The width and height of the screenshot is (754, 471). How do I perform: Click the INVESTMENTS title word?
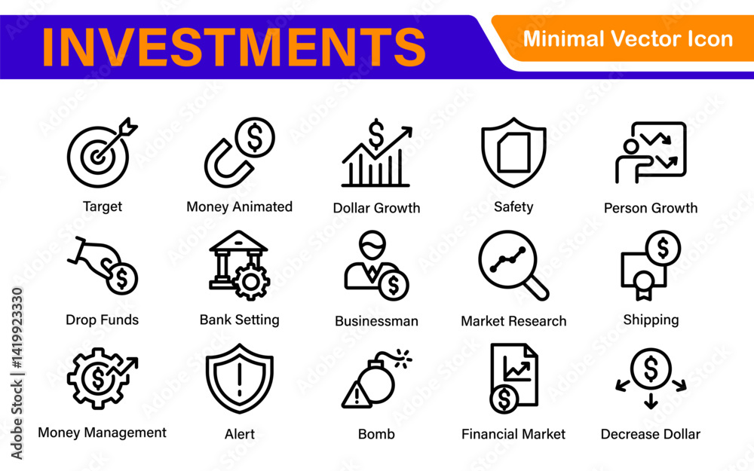[234, 47]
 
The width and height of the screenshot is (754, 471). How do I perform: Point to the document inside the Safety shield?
[513, 152]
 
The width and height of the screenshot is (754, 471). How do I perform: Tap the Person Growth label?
[651, 208]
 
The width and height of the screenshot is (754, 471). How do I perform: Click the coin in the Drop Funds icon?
[122, 278]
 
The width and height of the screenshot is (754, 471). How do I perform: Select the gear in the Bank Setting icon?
[250, 282]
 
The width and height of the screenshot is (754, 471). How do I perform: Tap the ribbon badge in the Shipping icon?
[643, 285]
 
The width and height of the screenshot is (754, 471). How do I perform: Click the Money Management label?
[102, 433]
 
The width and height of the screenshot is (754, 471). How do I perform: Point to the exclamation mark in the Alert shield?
[240, 379]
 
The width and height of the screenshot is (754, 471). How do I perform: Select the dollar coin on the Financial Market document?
[504, 399]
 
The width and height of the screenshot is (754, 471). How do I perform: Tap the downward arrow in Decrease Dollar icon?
[651, 401]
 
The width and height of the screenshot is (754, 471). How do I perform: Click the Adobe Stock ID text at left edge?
[17, 374]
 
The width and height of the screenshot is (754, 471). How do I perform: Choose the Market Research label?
[513, 321]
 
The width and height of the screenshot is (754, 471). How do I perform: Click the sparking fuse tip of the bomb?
[403, 357]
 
